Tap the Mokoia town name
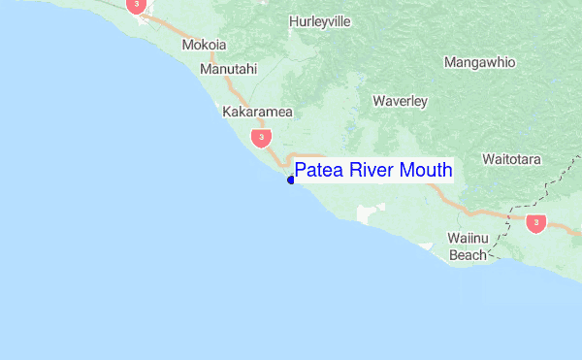[x=204, y=46]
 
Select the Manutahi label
[x=229, y=69]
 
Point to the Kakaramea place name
[x=257, y=113]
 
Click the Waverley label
[x=400, y=100]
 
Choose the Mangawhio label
[x=479, y=63]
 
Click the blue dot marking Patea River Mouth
[x=291, y=180]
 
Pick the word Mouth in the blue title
[x=428, y=171]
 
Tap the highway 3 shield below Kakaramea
[x=259, y=138]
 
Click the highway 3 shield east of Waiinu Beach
[x=535, y=223]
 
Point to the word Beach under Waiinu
[x=467, y=256]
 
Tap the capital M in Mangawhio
[x=450, y=63]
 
